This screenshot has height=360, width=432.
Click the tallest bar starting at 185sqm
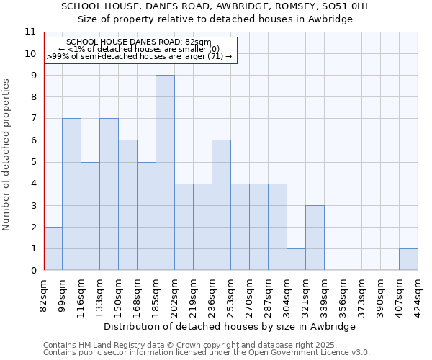165,173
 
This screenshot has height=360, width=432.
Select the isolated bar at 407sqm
408,259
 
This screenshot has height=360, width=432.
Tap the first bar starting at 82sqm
53,248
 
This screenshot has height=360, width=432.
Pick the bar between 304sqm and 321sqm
296,259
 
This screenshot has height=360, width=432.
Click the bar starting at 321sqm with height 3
315,238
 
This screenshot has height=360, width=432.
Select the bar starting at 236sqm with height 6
221,205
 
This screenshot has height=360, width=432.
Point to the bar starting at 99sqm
71,194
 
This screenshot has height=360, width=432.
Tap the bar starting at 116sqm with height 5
90,216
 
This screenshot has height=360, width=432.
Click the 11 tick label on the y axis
30,32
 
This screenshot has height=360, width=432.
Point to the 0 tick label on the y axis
32,271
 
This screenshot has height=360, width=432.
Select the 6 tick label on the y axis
32,140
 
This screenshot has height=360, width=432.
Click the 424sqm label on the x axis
418,293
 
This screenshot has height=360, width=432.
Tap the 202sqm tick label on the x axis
175,293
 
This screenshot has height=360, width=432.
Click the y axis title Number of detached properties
6,155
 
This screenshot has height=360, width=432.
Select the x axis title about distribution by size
230,326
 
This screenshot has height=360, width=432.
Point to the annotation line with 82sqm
138,42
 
